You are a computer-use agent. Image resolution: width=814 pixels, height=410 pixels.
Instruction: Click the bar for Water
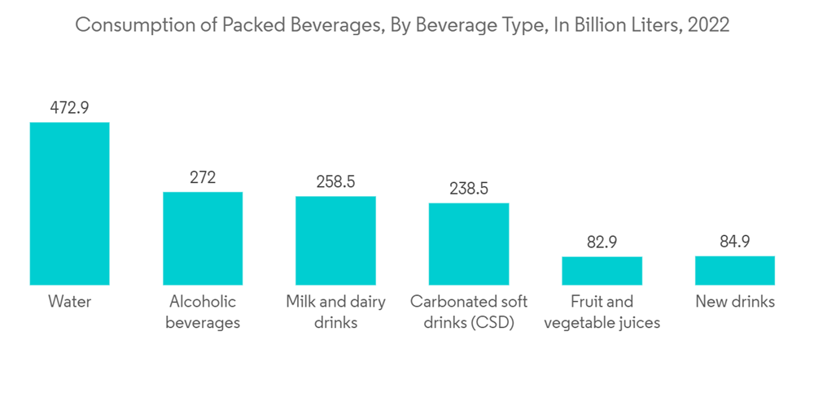(x=69, y=203)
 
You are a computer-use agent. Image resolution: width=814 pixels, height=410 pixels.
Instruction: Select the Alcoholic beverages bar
(x=203, y=238)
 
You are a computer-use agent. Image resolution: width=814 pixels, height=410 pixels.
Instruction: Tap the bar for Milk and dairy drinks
(x=335, y=241)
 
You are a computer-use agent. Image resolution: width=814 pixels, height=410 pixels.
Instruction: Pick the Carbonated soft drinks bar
(x=469, y=244)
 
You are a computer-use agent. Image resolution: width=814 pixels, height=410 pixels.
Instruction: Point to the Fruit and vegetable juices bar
(x=602, y=271)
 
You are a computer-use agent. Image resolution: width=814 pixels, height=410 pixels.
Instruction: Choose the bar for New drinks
(x=735, y=270)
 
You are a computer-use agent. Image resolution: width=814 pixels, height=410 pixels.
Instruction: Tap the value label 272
(x=203, y=177)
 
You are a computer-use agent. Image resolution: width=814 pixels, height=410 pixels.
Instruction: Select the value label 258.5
(x=335, y=181)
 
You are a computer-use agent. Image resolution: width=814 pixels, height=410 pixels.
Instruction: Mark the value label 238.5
(x=469, y=189)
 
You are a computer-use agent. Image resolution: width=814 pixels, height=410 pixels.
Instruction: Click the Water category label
(x=69, y=302)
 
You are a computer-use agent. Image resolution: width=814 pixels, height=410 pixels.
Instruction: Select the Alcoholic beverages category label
(x=203, y=312)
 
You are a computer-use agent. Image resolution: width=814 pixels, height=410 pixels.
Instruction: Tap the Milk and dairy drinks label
(x=335, y=312)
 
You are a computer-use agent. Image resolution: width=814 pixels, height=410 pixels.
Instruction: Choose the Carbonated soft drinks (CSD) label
(x=469, y=312)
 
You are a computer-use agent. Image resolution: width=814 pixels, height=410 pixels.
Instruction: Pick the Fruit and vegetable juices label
(x=602, y=312)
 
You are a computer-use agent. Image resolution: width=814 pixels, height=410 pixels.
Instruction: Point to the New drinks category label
(x=735, y=302)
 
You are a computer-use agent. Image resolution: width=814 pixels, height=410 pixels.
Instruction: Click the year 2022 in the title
(x=708, y=25)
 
